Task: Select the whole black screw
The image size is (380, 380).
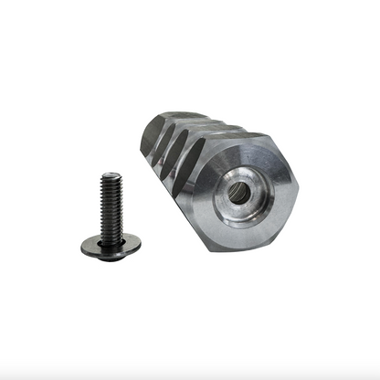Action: pyautogui.click(x=111, y=215)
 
